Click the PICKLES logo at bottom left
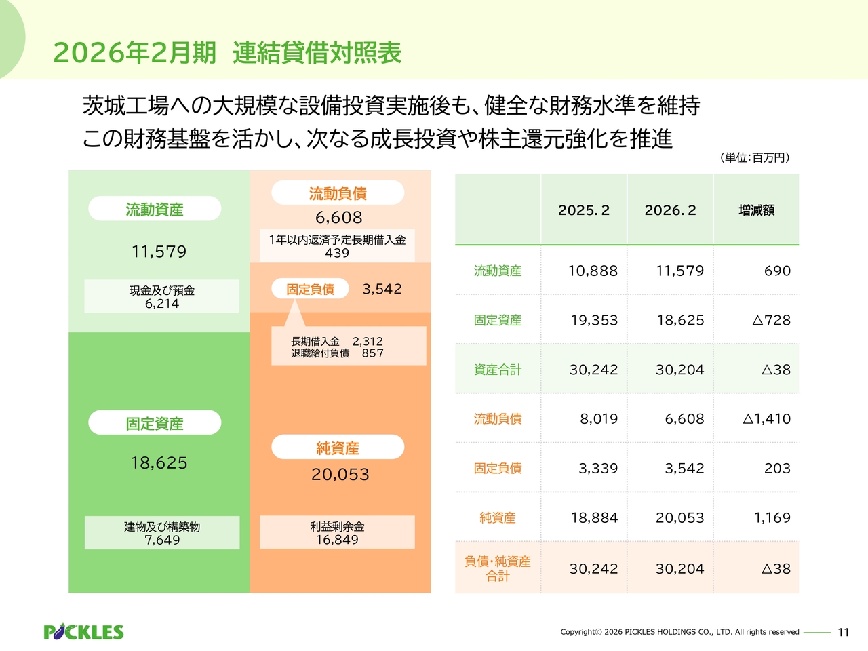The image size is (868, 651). (83, 632)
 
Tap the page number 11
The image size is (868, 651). (843, 632)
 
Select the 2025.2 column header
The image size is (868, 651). (584, 210)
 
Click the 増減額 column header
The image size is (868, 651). (756, 210)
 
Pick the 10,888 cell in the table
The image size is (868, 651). (593, 271)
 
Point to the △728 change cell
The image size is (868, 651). (771, 320)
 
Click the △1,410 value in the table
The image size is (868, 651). (766, 419)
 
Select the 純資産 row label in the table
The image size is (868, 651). (498, 518)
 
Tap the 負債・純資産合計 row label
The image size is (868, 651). (498, 568)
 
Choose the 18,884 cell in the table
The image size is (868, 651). (594, 518)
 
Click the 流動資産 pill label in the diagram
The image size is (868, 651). (155, 210)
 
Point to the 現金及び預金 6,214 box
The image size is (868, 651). (162, 296)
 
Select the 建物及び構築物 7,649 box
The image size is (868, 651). (162, 533)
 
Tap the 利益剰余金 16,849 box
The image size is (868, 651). (337, 533)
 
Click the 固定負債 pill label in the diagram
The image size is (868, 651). (310, 289)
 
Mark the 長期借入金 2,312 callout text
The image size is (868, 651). (337, 342)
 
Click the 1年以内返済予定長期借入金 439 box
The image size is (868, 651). (337, 245)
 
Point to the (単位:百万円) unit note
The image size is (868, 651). (755, 157)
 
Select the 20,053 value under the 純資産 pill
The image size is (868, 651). (340, 475)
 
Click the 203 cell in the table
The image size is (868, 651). (777, 469)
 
